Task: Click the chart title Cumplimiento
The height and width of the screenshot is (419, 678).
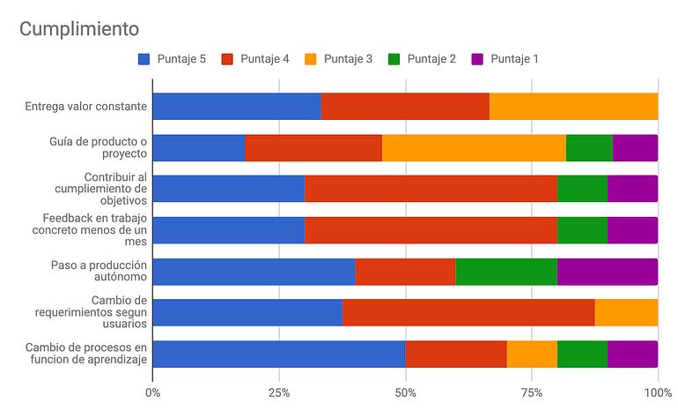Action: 79,29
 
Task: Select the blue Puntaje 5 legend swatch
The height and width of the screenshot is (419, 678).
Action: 144,59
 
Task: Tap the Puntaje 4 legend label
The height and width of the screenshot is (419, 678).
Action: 265,59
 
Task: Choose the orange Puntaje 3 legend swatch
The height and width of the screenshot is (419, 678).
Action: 311,59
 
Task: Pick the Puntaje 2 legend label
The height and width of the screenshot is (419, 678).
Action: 431,59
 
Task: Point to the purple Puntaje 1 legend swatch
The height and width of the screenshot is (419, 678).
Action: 477,59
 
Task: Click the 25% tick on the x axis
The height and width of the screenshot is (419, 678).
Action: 279,393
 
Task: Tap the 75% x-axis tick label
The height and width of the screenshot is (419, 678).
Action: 532,393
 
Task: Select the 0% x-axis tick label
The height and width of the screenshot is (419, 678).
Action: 152,393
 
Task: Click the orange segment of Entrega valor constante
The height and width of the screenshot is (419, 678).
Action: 574,106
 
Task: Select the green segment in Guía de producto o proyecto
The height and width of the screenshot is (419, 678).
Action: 589,148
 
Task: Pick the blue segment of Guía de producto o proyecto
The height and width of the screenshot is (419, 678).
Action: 199,148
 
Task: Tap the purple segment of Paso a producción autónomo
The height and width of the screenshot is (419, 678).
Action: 608,272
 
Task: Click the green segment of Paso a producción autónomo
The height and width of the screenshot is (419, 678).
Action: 506,272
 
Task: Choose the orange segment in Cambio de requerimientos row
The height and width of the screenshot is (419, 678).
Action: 627,312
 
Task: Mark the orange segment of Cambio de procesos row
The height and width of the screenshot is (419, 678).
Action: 532,354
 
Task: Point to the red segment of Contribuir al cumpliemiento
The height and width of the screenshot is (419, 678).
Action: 431,189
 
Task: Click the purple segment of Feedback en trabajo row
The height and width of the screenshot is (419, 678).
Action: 632,230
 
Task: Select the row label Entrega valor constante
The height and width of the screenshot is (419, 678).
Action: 86,107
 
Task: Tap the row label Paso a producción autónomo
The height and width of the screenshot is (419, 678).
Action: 99,271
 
